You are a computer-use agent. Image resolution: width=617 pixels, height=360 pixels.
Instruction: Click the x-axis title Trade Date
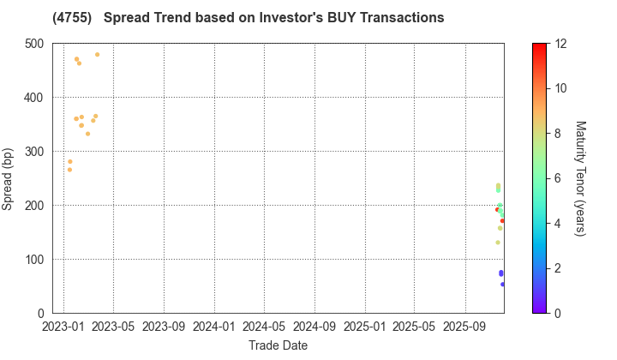pos(278,345)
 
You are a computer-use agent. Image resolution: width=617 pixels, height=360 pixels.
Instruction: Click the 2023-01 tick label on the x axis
pos(63,327)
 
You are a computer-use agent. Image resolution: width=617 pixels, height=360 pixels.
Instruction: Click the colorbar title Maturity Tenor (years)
pos(579,178)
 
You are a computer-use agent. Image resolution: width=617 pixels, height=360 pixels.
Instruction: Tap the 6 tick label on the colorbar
pos(559,178)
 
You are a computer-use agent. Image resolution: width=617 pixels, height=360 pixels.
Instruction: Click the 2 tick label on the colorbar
pos(559,268)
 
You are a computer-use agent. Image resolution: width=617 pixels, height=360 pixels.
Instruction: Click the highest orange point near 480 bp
pos(97,55)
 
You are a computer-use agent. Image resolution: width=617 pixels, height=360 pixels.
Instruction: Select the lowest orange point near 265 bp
pos(69,170)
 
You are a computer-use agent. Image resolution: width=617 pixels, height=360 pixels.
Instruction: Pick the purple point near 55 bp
pos(503,285)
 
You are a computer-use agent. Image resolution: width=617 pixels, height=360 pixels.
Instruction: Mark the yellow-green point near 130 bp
pos(498,243)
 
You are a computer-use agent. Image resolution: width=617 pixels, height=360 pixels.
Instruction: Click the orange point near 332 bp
pos(87,134)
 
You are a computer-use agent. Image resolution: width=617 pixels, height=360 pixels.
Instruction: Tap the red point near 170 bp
pos(503,221)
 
